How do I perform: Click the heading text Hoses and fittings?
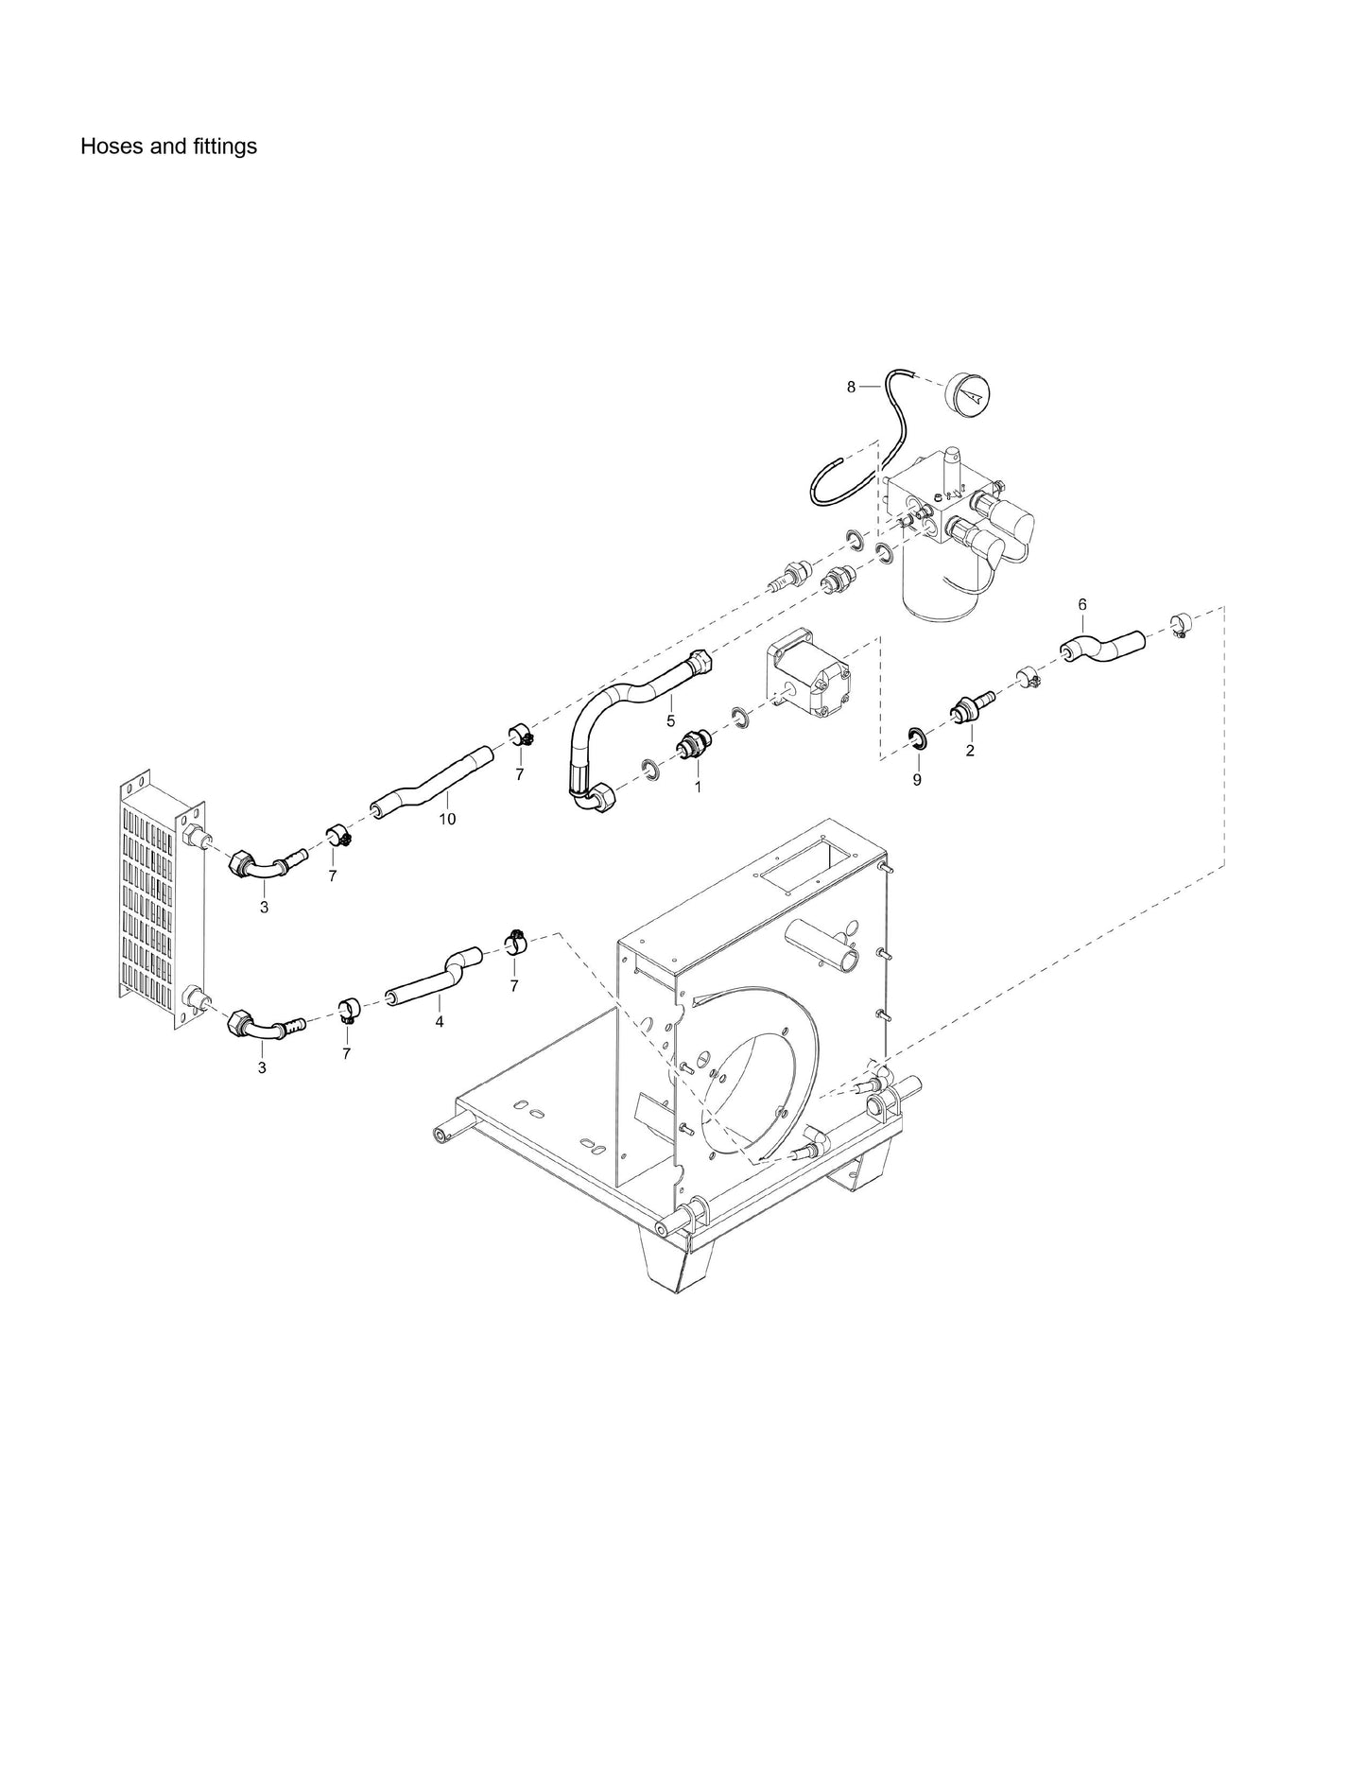point(168,147)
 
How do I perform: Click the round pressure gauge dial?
point(973,390)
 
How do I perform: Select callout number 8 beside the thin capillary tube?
point(851,387)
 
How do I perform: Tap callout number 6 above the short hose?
point(1082,603)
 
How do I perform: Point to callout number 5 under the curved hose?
point(670,720)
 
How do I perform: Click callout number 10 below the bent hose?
point(447,819)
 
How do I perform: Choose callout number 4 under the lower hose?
point(439,1021)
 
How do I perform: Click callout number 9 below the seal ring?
point(916,780)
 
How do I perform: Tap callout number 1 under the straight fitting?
point(698,786)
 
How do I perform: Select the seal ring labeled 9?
point(916,737)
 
